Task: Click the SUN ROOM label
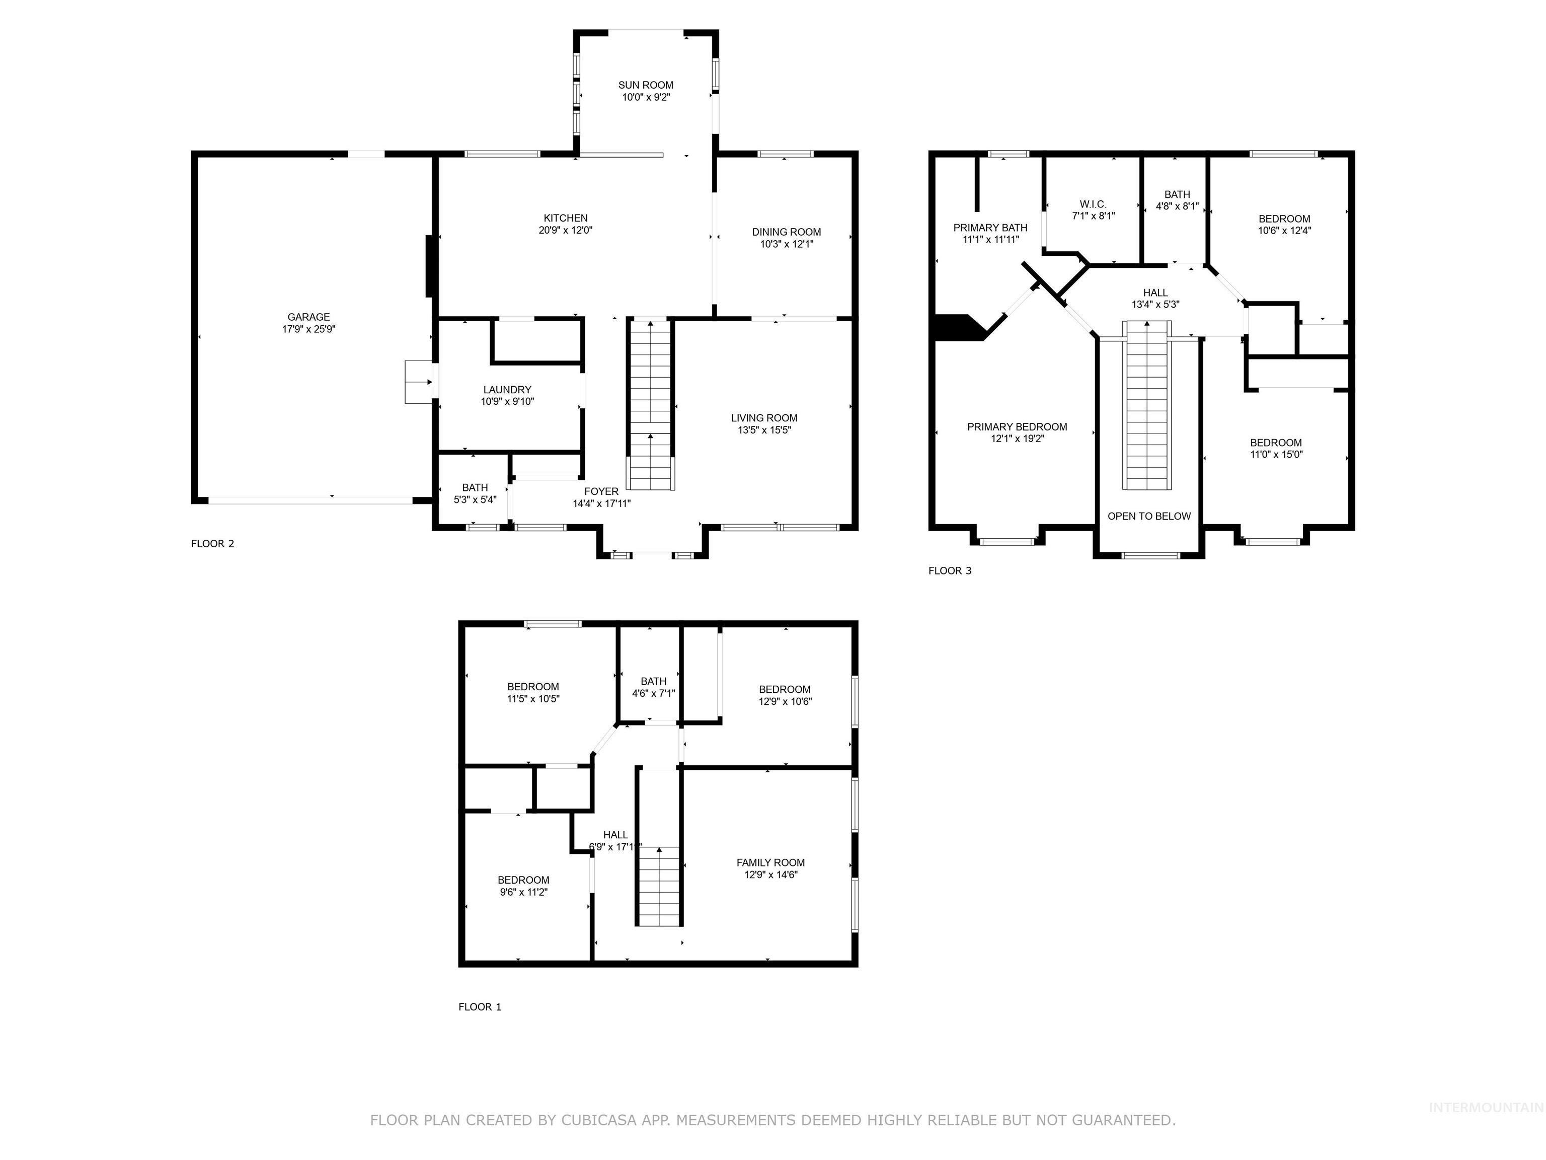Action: click(646, 85)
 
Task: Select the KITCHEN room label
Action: click(566, 218)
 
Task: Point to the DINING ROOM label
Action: click(786, 232)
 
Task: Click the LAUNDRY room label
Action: click(507, 390)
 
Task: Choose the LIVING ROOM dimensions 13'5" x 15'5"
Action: click(764, 430)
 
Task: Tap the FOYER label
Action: click(601, 491)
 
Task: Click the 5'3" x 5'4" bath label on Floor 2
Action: click(475, 499)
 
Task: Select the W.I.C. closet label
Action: click(1093, 204)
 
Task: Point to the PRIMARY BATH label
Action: click(990, 228)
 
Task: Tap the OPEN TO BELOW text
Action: click(1149, 517)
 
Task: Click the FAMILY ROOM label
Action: click(770, 863)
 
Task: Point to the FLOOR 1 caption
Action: click(480, 1007)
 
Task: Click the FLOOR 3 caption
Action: click(949, 570)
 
